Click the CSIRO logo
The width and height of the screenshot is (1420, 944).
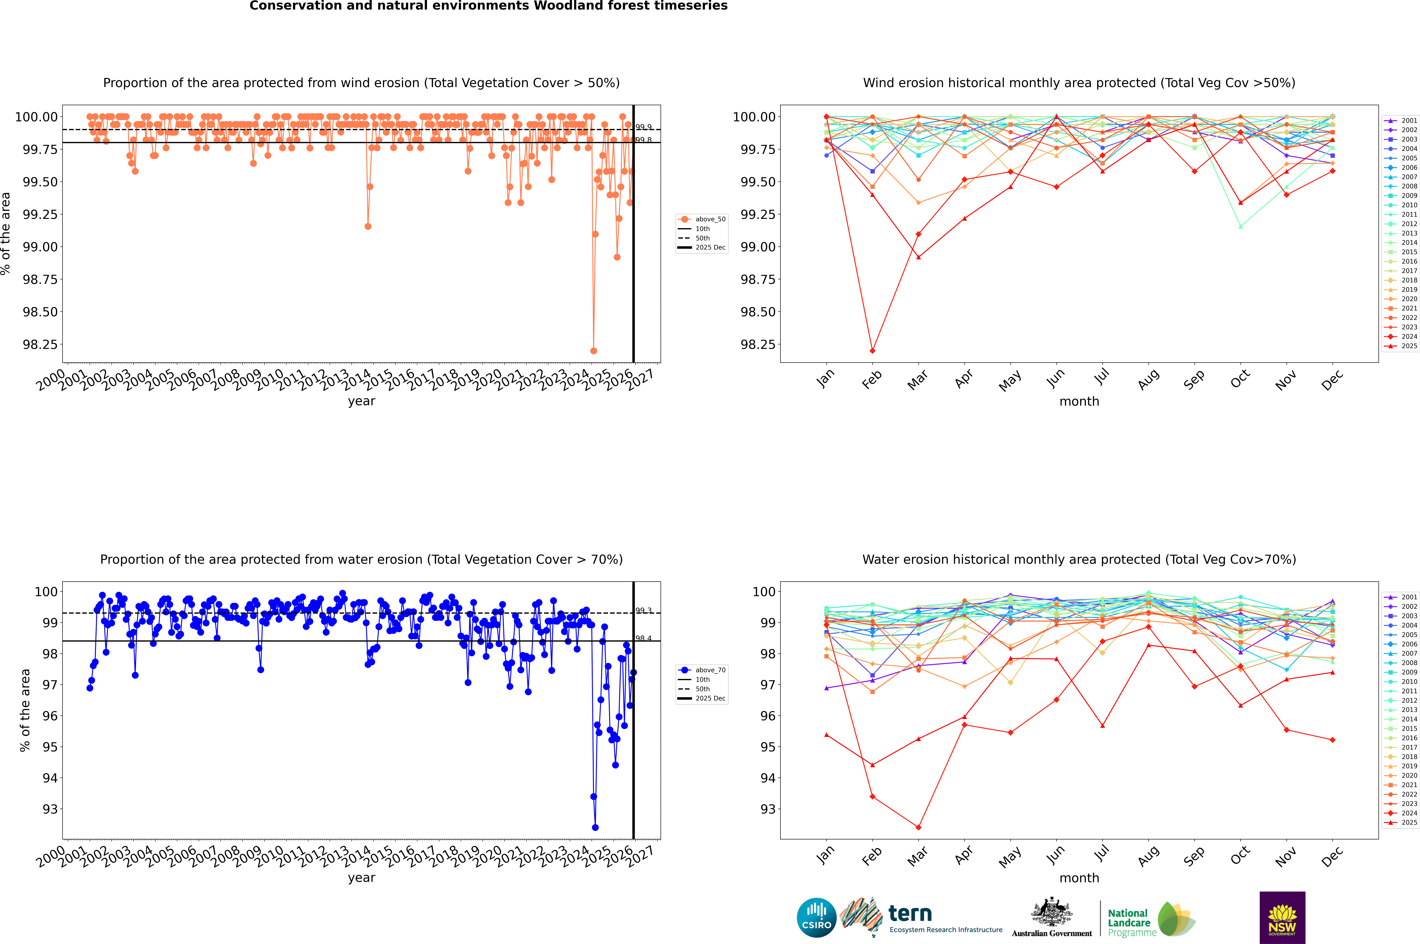tap(816, 918)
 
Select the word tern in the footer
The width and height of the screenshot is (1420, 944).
tap(910, 914)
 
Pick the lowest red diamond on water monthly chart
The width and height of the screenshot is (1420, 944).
tap(918, 827)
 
